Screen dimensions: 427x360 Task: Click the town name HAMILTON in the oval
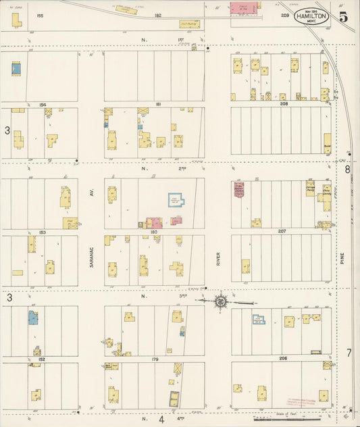[x=312, y=18]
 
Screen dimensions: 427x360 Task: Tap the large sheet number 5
[x=344, y=17]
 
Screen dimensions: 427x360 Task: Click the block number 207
[x=282, y=231]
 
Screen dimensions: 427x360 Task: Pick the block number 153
[x=42, y=232]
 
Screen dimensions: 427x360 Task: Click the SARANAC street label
[x=91, y=255]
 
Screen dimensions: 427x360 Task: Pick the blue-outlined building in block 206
[x=258, y=319]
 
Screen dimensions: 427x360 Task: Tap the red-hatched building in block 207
[x=238, y=190]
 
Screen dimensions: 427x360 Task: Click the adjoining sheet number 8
[x=348, y=170]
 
